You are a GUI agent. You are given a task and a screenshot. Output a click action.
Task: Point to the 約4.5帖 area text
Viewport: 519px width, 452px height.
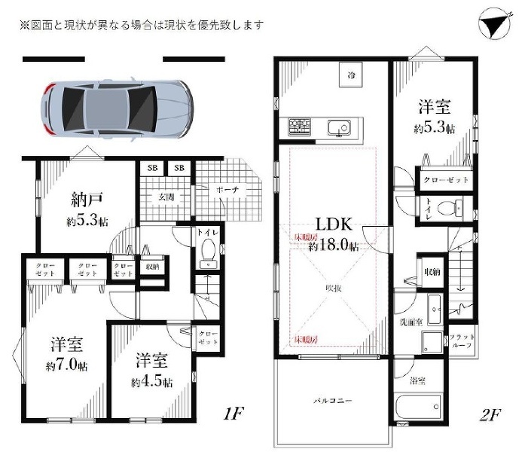(151, 381)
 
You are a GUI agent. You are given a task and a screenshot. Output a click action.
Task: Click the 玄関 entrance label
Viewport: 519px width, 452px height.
(166, 198)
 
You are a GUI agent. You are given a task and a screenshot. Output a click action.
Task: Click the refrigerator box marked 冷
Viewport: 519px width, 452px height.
(351, 76)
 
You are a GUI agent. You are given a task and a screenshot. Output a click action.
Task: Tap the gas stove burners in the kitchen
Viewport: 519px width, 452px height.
(299, 127)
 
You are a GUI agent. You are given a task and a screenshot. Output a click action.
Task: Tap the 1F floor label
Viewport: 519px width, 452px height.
(234, 414)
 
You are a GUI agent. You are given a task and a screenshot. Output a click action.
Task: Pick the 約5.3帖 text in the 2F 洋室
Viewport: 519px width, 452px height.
(434, 128)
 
